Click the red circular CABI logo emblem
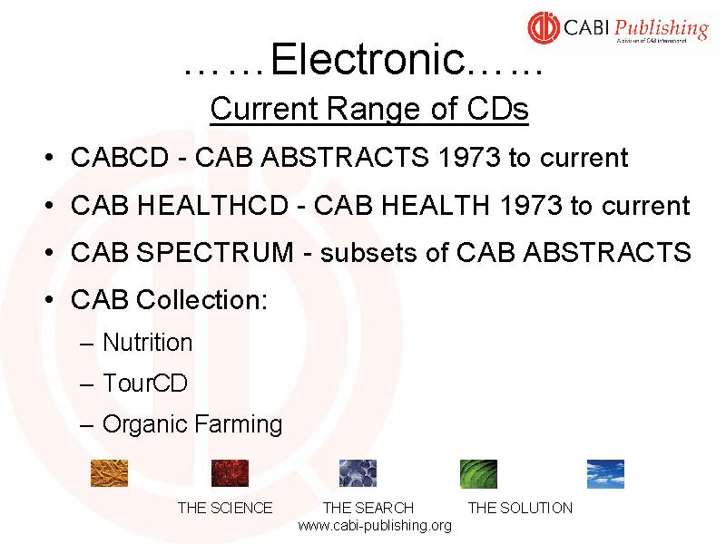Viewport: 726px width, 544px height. [x=544, y=28]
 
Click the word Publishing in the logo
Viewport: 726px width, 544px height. [x=662, y=29]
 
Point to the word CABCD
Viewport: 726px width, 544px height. [x=120, y=157]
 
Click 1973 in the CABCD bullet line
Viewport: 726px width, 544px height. [x=469, y=157]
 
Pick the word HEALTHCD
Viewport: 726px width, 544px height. [x=213, y=206]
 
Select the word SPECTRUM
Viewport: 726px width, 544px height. [x=215, y=253]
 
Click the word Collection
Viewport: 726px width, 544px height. [x=201, y=300]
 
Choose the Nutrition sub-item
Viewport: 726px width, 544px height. [x=147, y=343]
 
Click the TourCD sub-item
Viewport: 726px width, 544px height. [x=145, y=383]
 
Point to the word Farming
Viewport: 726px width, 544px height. [x=238, y=424]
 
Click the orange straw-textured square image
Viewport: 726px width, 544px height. [x=109, y=473]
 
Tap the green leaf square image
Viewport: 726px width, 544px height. [x=478, y=473]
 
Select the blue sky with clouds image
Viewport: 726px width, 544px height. [x=605, y=473]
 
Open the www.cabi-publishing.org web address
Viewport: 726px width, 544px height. [x=375, y=526]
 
